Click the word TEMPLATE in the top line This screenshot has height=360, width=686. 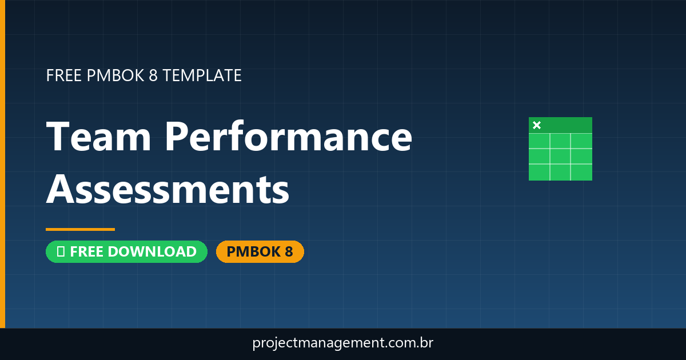[202, 75]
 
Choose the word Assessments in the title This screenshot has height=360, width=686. [167, 190]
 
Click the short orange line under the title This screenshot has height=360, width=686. [80, 229]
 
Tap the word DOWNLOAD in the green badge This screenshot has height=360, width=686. [151, 252]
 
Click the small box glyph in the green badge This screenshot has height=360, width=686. [60, 252]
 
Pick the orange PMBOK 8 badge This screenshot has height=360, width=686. [260, 252]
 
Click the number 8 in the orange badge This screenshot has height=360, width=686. [288, 252]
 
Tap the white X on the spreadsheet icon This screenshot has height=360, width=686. [537, 125]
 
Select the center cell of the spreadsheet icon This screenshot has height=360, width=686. [560, 156]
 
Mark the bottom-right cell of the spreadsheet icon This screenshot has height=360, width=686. [581, 171]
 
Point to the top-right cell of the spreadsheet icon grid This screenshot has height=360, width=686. [581, 141]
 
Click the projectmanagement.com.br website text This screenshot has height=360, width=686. [343, 343]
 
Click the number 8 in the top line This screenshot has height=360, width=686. [153, 75]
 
